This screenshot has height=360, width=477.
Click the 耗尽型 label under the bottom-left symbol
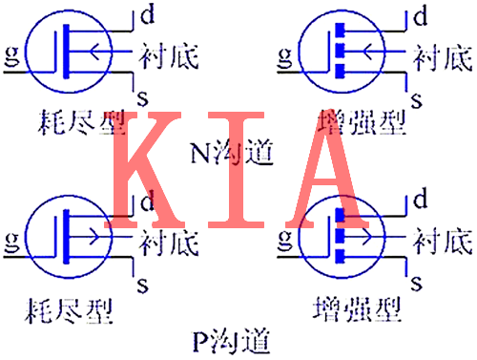[69, 311]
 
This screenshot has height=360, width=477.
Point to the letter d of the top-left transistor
[146, 15]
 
